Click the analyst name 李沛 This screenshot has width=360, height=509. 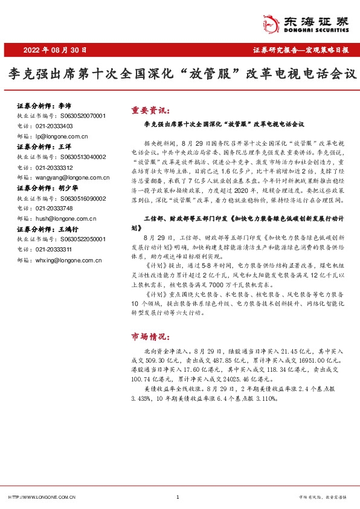point(65,105)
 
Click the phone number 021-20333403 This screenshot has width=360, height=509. point(54,126)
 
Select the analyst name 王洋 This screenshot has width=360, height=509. point(65,147)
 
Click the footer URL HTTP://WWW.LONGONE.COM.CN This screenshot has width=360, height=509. point(42,496)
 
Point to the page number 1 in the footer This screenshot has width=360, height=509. point(178,496)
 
